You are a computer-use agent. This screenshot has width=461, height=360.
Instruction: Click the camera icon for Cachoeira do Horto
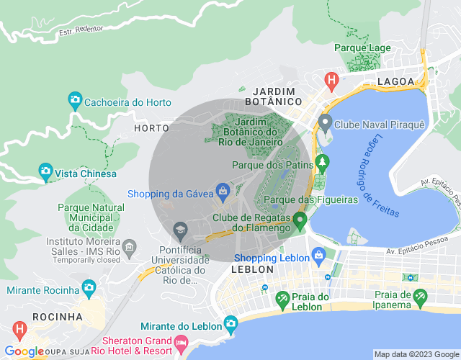point(74,101)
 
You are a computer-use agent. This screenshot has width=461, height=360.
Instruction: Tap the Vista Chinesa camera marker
point(45,173)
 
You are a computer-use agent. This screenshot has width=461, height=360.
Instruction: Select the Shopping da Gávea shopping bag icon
point(223,192)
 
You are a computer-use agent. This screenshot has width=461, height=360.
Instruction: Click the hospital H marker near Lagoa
point(331,79)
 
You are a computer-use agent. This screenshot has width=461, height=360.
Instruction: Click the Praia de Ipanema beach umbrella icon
point(420,296)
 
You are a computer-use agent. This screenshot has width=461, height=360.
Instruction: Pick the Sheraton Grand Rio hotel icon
point(180,341)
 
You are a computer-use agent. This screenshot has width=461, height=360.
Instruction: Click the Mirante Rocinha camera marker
point(89,289)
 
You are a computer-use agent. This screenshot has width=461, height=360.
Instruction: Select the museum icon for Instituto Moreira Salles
point(129,248)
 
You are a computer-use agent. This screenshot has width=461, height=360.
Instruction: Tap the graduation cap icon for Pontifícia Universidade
point(180,231)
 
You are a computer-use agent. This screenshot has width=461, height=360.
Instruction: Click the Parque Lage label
point(363,48)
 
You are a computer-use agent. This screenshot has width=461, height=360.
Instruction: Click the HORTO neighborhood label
point(151,127)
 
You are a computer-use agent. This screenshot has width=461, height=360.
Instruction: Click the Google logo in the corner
point(24,351)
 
